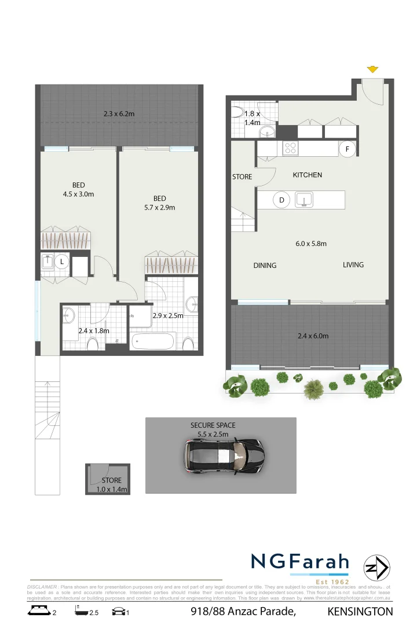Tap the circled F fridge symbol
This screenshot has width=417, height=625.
pyautogui.click(x=347, y=149)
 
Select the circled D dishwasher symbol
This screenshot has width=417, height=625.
pyautogui.click(x=282, y=200)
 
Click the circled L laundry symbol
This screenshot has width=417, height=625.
pyautogui.click(x=62, y=262)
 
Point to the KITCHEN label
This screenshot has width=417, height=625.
pyautogui.click(x=307, y=175)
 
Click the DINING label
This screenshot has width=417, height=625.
pyautogui.click(x=265, y=266)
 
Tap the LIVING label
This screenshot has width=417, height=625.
pyautogui.click(x=353, y=264)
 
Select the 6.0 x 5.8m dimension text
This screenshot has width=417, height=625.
pyautogui.click(x=311, y=244)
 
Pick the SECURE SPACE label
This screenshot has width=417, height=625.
pyautogui.click(x=213, y=425)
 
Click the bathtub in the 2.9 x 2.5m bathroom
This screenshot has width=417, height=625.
pyautogui.click(x=152, y=341)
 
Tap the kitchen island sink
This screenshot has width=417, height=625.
pyautogui.click(x=303, y=200)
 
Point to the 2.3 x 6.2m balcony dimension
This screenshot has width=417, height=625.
pyautogui.click(x=119, y=114)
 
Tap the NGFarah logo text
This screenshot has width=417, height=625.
pyautogui.click(x=300, y=562)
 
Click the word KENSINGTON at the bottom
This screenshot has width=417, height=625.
pyautogui.click(x=360, y=612)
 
